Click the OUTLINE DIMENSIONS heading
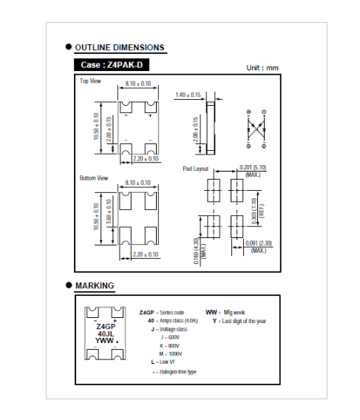click(120, 47)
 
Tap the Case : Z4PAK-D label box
click(112, 65)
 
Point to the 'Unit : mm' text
click(262, 68)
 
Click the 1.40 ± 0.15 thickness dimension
click(188, 95)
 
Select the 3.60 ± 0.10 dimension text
click(109, 211)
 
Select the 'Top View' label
click(90, 81)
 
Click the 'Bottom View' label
click(94, 178)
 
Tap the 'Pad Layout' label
click(196, 169)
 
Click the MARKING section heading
click(95, 285)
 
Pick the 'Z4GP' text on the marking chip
click(106, 327)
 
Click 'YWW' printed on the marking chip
click(104, 341)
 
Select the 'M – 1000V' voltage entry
click(170, 354)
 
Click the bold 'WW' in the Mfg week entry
click(211, 312)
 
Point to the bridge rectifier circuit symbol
click(257, 129)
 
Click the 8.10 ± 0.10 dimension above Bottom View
click(138, 183)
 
